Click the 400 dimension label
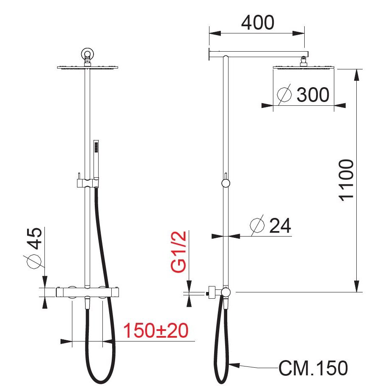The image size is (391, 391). (258, 23)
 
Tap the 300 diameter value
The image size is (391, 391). (313, 95)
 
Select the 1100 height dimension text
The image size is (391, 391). (347, 180)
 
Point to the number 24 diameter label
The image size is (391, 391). (280, 226)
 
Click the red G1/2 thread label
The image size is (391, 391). (179, 252)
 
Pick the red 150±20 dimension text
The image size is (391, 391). (156, 330)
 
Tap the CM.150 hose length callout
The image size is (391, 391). (313, 368)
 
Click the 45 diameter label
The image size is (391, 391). (34, 238)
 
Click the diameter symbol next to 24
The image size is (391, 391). (257, 225)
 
